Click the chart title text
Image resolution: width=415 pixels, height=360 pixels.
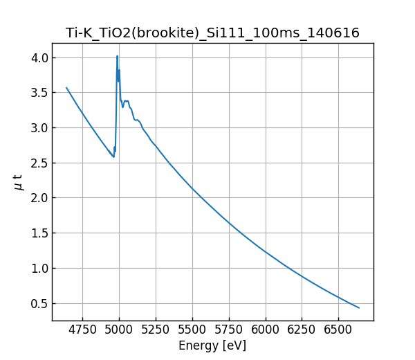pos(212,33)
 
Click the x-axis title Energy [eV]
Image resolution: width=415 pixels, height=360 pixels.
pos(212,345)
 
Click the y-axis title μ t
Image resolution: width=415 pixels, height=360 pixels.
pos(19,182)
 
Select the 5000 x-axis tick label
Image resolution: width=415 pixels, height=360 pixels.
pos(119,330)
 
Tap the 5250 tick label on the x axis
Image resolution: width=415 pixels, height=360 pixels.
pos(156,330)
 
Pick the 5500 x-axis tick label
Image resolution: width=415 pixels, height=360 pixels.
pos(192,330)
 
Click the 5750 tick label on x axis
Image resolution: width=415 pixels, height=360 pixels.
pos(229,330)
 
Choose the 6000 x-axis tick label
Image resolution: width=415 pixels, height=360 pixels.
pos(266,330)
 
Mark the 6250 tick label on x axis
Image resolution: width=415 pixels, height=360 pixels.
pos(302,330)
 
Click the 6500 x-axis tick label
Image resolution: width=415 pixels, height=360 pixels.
pos(339,330)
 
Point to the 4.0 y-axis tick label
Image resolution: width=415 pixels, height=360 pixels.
pos(39,57)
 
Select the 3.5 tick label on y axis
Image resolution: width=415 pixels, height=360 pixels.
pos(39,93)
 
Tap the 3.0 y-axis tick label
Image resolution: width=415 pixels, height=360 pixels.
pos(39,128)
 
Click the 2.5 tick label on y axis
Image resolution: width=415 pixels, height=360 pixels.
pos(39,163)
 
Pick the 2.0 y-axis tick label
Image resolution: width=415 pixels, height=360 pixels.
pos(39,198)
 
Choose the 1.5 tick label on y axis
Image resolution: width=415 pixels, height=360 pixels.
pos(39,233)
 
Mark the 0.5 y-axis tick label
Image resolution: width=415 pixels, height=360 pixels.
pos(39,303)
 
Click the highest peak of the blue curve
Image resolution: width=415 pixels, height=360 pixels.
pos(118,56)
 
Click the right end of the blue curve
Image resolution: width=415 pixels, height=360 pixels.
pos(359,308)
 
